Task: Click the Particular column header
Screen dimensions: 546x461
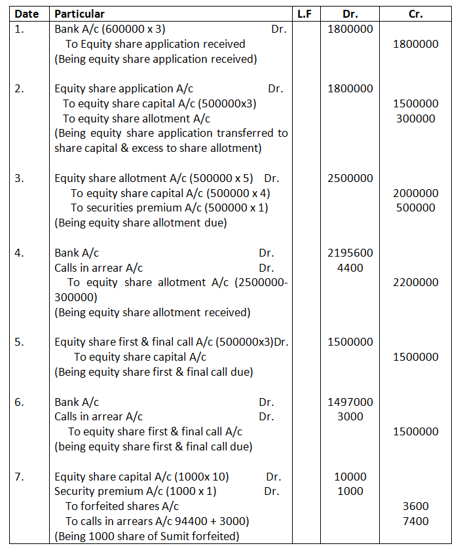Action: pyautogui.click(x=79, y=14)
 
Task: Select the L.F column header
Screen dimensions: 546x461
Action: pyautogui.click(x=304, y=14)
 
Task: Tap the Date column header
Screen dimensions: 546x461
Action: pyautogui.click(x=27, y=14)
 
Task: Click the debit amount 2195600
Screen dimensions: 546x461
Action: pyautogui.click(x=350, y=253)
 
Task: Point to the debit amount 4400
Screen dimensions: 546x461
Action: pyautogui.click(x=350, y=268)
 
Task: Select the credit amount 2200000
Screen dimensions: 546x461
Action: pyautogui.click(x=416, y=283)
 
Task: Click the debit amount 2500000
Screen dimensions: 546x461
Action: pyautogui.click(x=350, y=178)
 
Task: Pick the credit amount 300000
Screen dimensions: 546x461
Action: pyautogui.click(x=416, y=118)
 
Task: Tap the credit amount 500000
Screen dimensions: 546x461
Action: pyautogui.click(x=416, y=208)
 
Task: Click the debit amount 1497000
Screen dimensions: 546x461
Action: pyautogui.click(x=350, y=402)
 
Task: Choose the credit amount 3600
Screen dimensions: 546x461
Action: pyautogui.click(x=416, y=506)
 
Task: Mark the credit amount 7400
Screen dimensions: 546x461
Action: pyautogui.click(x=416, y=521)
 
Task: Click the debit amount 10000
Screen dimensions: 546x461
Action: pyautogui.click(x=350, y=477)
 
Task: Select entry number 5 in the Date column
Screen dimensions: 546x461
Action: pyautogui.click(x=19, y=342)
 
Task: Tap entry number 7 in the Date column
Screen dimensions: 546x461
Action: pyautogui.click(x=19, y=477)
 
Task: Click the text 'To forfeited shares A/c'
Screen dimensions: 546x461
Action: pyautogui.click(x=122, y=506)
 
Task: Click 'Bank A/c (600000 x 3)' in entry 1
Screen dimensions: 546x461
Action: pyautogui.click(x=105, y=29)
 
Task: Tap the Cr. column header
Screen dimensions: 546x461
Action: pyautogui.click(x=416, y=14)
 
